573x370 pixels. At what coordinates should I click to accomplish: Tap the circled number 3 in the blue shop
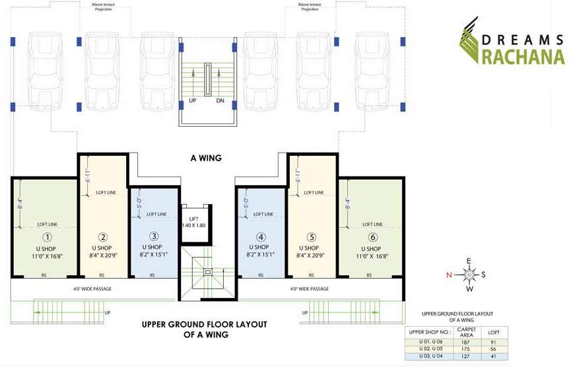point(153,237)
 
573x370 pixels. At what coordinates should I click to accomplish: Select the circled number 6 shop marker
point(372,237)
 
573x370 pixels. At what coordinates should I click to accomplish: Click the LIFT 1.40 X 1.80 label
point(194,221)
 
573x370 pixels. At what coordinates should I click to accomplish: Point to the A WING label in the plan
point(206,158)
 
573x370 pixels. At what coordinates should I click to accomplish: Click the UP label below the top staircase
point(193,101)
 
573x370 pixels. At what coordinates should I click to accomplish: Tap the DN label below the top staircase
point(220,101)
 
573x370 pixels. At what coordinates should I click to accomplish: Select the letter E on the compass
point(469,260)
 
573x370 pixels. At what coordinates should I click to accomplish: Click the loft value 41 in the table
point(493,356)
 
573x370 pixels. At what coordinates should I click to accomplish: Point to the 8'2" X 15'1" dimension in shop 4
point(261,254)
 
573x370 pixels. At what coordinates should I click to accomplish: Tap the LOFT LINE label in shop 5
point(314,193)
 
